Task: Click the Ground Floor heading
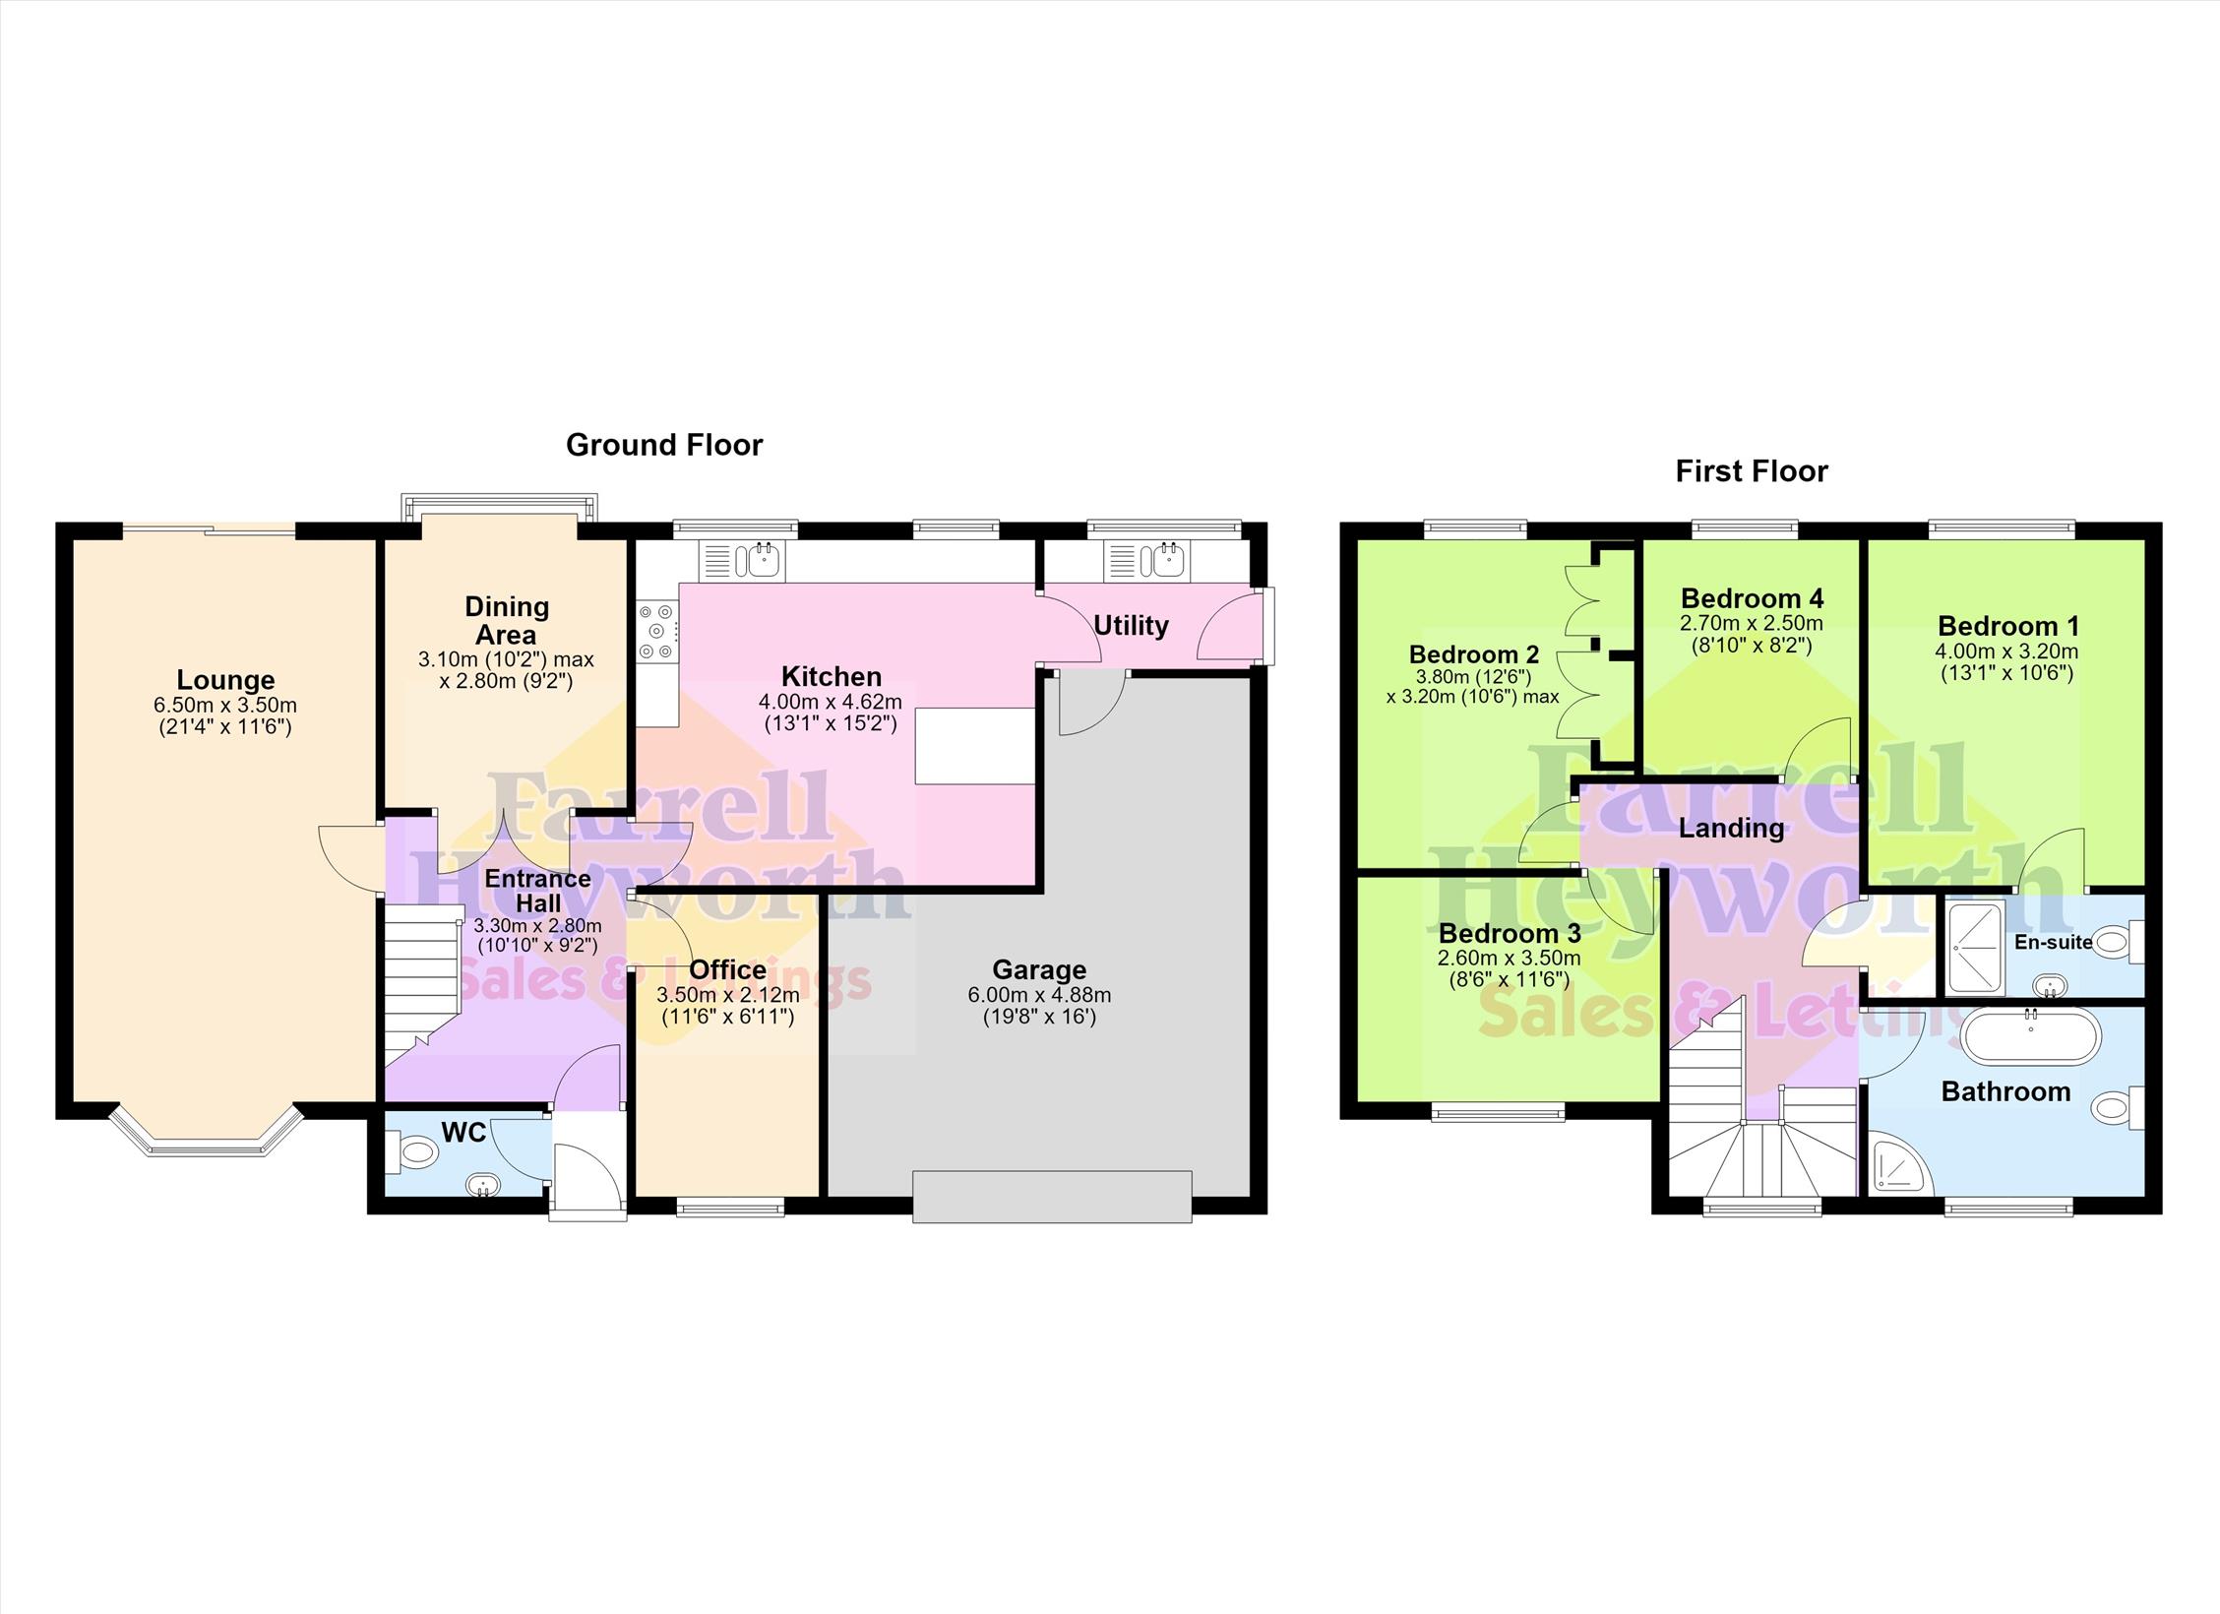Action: pos(664,445)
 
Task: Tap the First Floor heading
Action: pos(1752,471)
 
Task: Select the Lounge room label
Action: pos(225,680)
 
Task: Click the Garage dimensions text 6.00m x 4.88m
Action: pos(1039,995)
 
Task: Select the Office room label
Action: pos(728,970)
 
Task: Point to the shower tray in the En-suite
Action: pos(1971,948)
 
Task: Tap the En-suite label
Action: pos(2054,942)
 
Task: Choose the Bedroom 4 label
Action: pos(1752,598)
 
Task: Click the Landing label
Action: pos(1732,829)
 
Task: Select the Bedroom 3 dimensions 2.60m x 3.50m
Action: pos(1510,958)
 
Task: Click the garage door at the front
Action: pos(1052,1196)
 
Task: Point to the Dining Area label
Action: pos(507,621)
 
